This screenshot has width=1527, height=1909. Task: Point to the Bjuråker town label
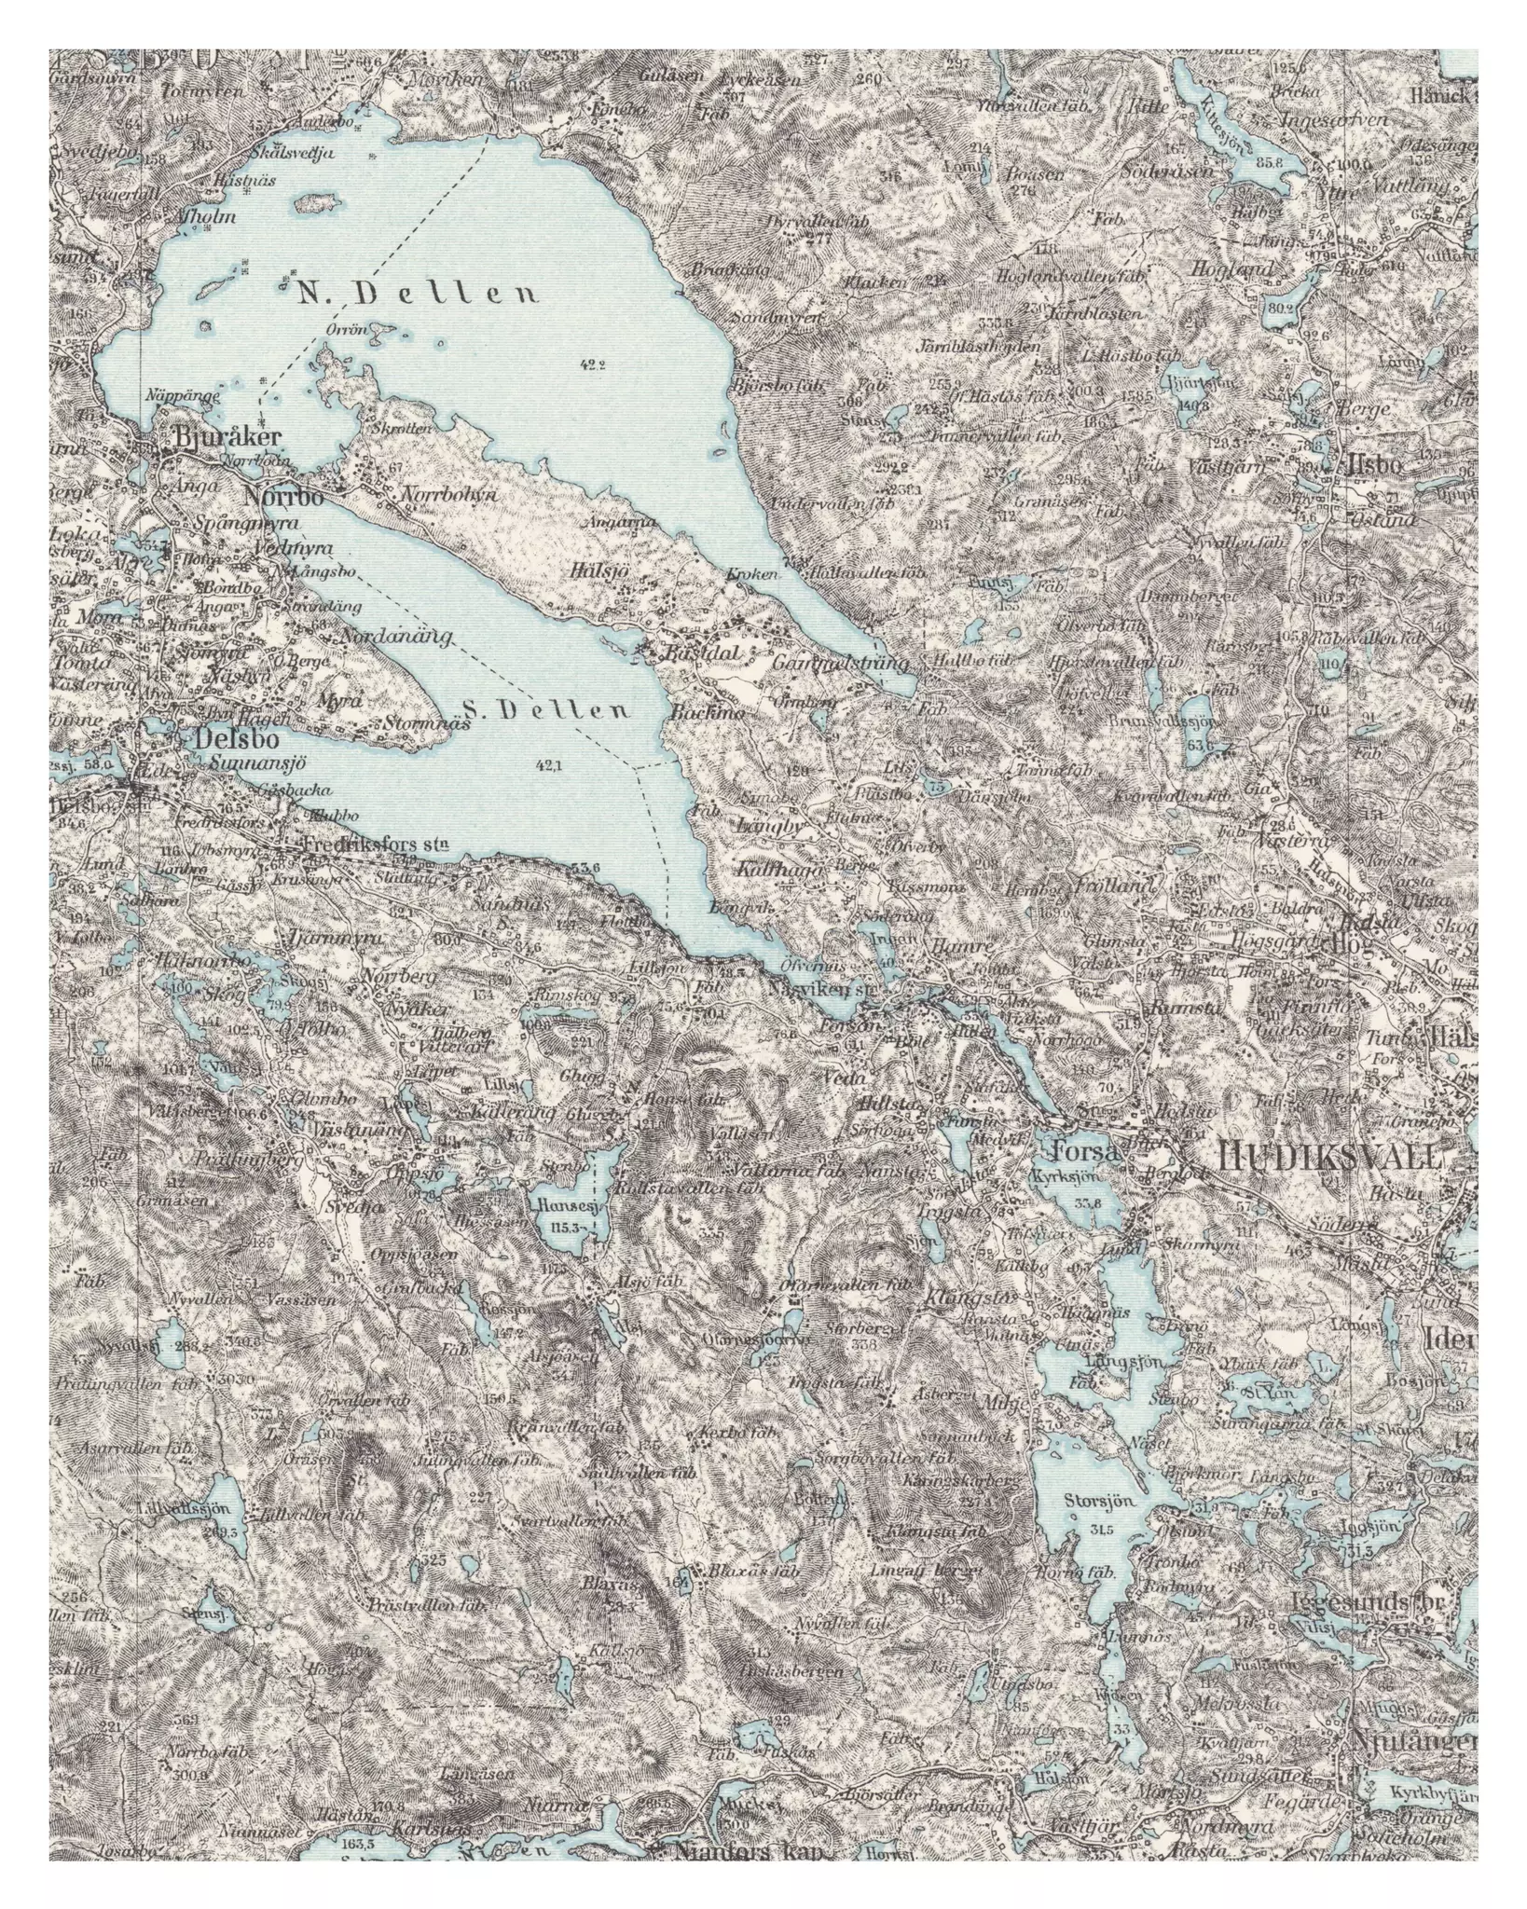coord(213,437)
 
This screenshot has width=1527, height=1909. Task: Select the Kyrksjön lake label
coord(1066,1177)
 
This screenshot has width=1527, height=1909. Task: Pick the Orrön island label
coord(348,329)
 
